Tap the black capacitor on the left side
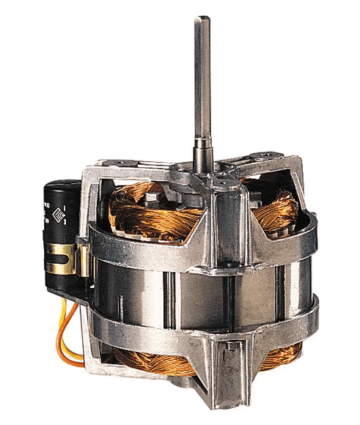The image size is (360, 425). [x=62, y=227]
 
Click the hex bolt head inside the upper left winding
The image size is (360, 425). [x=153, y=198]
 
